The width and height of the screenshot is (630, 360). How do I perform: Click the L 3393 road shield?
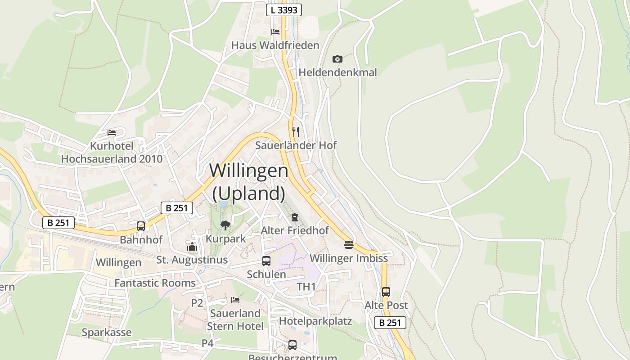point(283,10)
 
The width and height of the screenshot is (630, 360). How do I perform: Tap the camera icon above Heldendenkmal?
point(337,59)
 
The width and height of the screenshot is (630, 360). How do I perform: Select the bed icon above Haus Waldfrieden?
point(275,31)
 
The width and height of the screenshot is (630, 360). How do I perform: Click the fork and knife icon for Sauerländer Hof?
point(296,131)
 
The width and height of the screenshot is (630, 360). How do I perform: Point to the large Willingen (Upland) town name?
point(249,182)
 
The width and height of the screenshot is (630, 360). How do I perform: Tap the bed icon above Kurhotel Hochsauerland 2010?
point(112,133)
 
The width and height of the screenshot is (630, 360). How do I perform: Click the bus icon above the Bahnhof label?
point(141,226)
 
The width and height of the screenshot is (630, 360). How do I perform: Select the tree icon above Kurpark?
point(225,225)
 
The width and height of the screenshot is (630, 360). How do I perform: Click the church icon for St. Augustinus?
point(192,247)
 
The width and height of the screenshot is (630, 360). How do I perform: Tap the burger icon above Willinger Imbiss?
point(349,245)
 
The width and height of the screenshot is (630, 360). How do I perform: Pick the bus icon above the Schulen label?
point(266,261)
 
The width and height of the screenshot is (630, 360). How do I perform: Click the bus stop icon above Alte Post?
point(386,292)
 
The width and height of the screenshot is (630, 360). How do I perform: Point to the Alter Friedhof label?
point(295,230)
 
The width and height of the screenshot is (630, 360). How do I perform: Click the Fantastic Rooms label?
point(155,283)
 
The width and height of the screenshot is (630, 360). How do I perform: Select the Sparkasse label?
point(107,333)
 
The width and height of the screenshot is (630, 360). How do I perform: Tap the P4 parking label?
point(207,343)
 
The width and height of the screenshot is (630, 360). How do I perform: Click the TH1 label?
point(306,287)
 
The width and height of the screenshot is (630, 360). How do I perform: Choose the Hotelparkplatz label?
point(315,321)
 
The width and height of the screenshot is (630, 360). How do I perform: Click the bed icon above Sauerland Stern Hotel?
point(235,300)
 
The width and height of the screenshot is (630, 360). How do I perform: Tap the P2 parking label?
point(197,303)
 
